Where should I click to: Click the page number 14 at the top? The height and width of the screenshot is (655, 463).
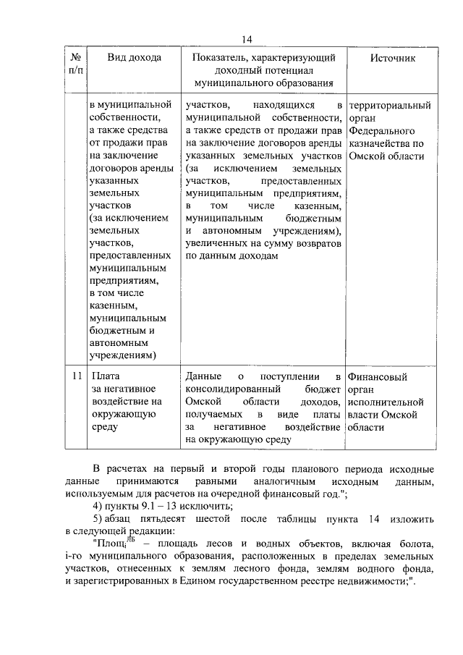tap(247, 39)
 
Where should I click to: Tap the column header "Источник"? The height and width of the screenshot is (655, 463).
tap(393, 57)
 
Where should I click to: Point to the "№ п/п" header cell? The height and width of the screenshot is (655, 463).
tap(74, 64)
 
